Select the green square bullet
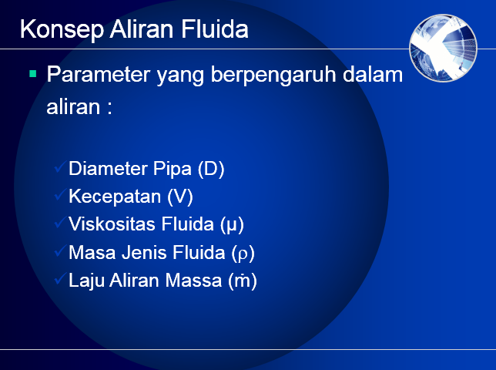tap(32, 75)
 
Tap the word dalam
tap(375, 76)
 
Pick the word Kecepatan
tap(116, 197)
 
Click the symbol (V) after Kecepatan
tap(180, 197)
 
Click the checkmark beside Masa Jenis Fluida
tap(60, 252)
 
